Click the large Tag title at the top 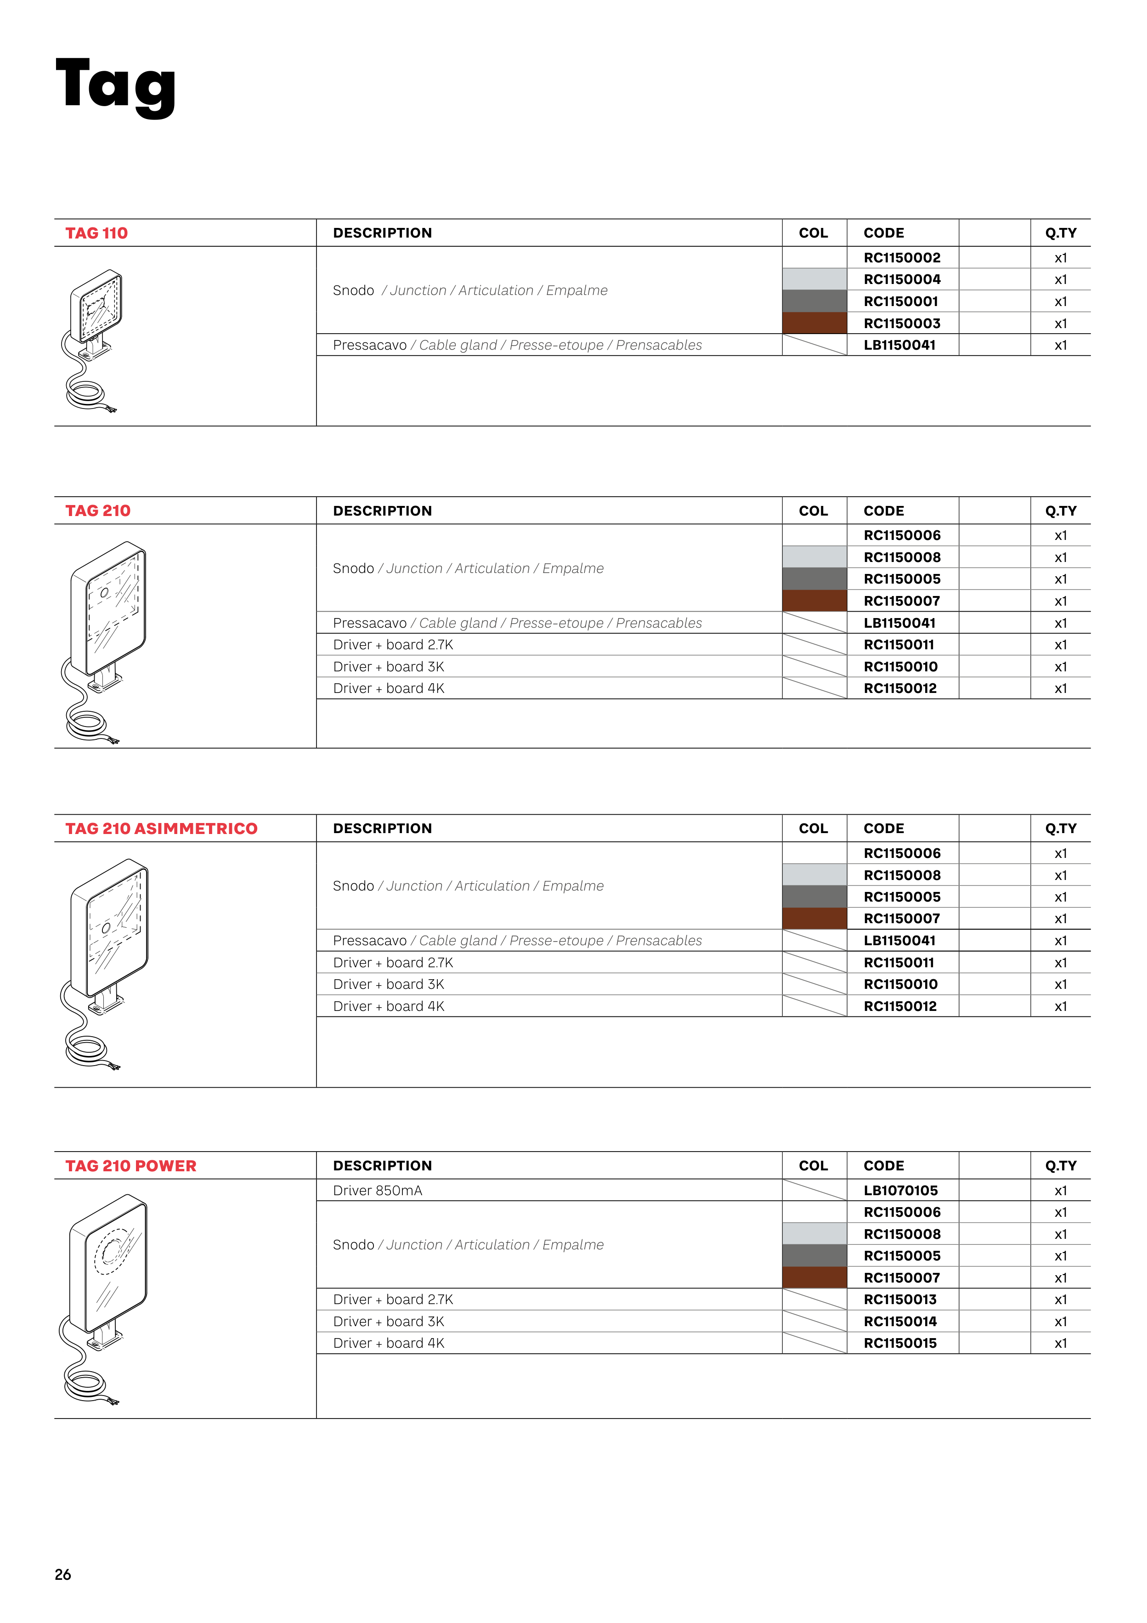115,86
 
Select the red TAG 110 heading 97,233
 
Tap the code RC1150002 902,258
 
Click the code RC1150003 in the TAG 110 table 902,324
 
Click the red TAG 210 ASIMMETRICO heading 161,829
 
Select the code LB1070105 900,1191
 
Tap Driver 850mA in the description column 378,1191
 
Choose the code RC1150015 900,1343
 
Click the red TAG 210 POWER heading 131,1166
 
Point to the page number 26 63,1574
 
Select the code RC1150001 900,302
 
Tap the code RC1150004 902,280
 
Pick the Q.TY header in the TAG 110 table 1060,233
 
